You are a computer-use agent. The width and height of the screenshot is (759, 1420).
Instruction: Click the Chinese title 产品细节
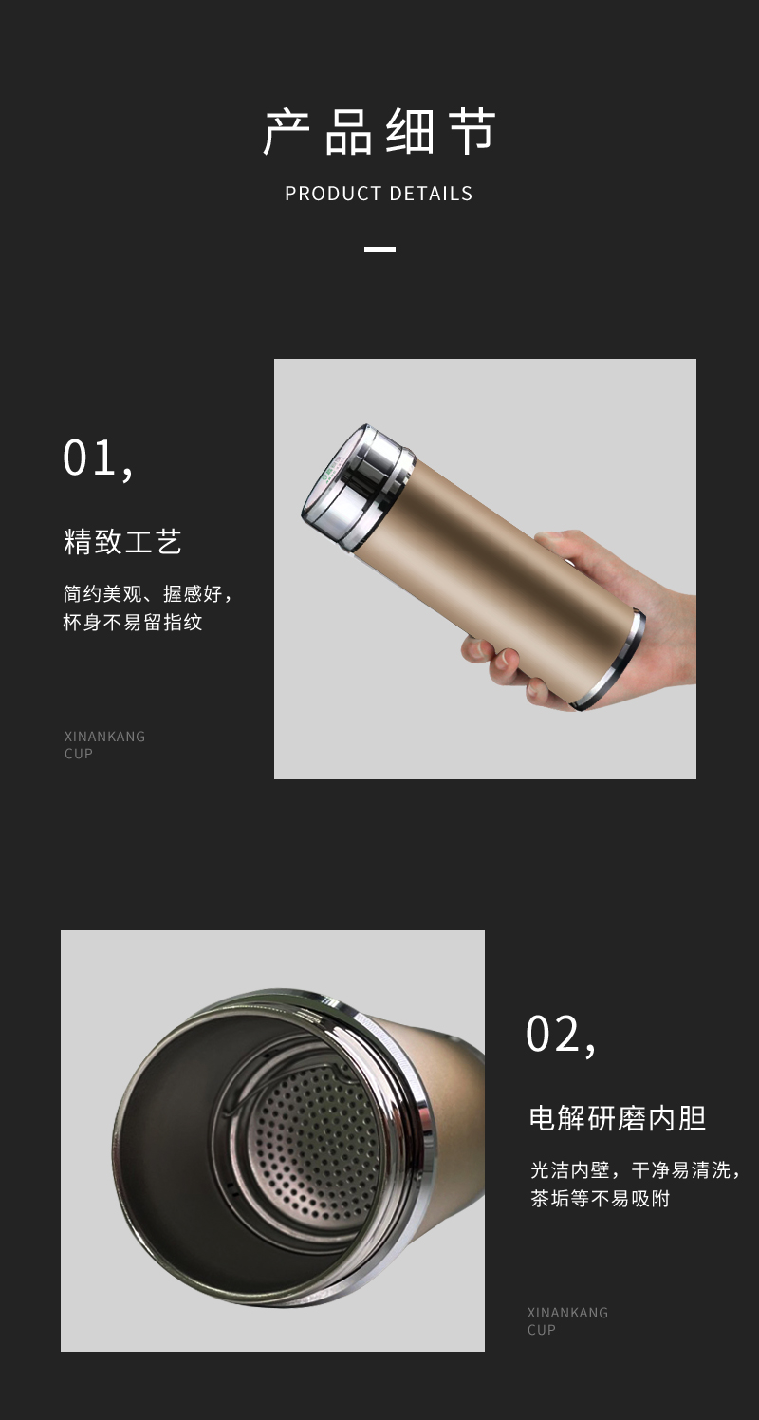[379, 131]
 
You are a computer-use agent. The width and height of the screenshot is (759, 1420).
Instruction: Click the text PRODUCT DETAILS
[379, 194]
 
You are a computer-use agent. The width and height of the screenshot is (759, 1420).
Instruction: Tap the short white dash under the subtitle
[379, 249]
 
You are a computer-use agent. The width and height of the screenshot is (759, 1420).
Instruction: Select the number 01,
[98, 459]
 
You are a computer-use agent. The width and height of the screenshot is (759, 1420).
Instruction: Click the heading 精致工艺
[123, 542]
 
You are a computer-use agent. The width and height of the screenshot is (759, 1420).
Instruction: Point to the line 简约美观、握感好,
[148, 594]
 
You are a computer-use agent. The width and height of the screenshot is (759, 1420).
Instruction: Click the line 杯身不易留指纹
[133, 622]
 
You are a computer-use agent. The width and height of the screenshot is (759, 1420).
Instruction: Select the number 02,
[562, 1036]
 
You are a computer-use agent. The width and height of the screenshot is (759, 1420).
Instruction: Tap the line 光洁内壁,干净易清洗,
[636, 1169]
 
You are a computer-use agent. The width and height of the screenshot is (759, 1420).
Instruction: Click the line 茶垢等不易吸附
[600, 1198]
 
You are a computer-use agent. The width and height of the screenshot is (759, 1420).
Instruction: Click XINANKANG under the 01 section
[104, 737]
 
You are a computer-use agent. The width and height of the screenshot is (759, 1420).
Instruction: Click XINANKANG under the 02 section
[567, 1313]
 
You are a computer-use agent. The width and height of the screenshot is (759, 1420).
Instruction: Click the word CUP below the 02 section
[542, 1330]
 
